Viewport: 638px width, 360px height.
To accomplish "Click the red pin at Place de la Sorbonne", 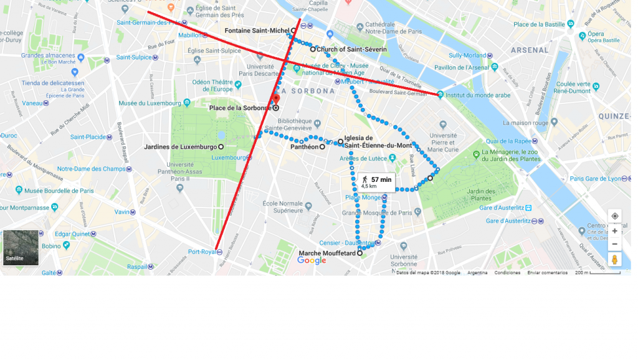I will pos(276,100).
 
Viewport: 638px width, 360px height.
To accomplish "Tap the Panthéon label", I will pos(304,148).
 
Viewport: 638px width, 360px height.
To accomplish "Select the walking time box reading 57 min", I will pos(377,181).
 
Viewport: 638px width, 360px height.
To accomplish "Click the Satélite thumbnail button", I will pos(21,248).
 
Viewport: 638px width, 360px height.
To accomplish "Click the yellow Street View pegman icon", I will pos(615,259).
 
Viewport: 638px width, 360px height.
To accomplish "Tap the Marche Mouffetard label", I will pos(327,253).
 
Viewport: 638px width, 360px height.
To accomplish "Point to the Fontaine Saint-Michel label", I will pos(257,31).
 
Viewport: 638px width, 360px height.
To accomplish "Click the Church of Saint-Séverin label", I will pos(351,49).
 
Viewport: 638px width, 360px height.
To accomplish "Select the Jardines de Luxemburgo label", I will pos(180,147).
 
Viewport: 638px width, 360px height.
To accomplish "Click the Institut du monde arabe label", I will pos(477,95).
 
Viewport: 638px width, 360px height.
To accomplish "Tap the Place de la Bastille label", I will pos(538,25).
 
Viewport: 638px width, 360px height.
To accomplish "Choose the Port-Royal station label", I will pos(201,252).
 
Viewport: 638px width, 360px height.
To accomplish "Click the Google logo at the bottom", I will pos(312,260).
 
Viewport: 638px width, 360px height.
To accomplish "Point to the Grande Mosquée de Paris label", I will pos(377,212).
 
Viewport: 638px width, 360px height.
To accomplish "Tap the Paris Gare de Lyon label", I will pos(596,179).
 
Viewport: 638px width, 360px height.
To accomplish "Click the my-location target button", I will pos(615,216).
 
